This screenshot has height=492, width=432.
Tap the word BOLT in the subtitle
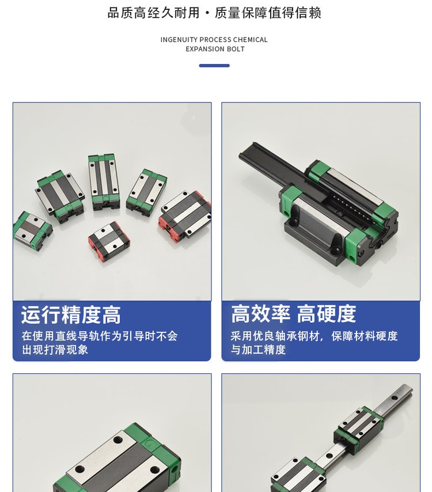(x=236, y=49)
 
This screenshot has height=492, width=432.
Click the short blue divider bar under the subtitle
(x=214, y=66)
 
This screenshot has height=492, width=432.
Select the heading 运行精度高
(x=71, y=315)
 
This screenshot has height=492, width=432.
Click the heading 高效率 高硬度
(x=293, y=314)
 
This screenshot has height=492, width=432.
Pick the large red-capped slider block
(x=185, y=213)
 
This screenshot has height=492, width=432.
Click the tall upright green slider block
(x=104, y=181)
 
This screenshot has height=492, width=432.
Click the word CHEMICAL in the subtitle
(x=251, y=40)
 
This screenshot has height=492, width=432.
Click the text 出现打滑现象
(x=55, y=350)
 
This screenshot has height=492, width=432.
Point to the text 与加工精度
(x=258, y=349)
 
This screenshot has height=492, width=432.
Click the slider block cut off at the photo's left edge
(x=32, y=230)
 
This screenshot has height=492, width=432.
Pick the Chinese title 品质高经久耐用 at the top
(x=154, y=13)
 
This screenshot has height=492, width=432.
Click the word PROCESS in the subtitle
(x=215, y=40)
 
